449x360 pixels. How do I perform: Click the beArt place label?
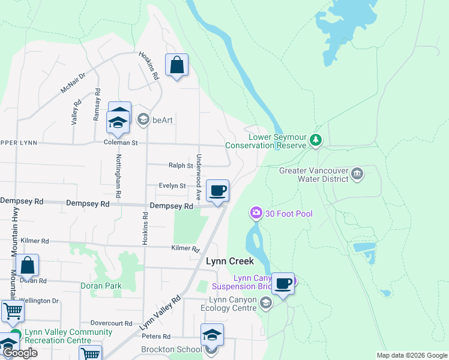162,120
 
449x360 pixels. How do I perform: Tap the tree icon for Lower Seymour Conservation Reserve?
316,140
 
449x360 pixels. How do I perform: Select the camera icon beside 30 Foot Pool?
256,213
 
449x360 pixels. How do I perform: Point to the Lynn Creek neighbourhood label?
230,262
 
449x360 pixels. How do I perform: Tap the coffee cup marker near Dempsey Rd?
217,191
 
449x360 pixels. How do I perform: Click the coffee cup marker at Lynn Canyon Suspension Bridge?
283,283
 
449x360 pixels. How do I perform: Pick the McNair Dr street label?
73,83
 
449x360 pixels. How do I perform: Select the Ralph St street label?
180,165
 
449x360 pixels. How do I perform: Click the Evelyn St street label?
172,186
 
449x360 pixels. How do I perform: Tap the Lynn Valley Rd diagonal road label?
160,313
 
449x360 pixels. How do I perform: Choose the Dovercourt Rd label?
111,323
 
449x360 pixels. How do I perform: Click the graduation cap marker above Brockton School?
212,335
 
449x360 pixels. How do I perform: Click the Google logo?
20,353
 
